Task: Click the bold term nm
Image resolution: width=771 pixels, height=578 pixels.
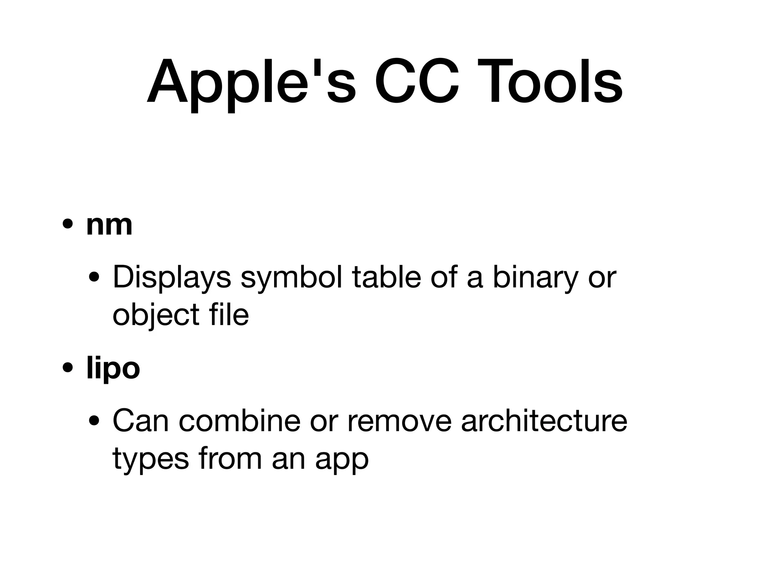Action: coord(109,225)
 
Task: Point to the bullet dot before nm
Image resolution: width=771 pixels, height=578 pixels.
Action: coord(68,225)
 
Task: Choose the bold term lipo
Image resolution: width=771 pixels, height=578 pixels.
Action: coord(113,369)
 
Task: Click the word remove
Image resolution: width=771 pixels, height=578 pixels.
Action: coord(399,421)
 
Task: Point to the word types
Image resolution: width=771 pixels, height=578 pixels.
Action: coord(151,460)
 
